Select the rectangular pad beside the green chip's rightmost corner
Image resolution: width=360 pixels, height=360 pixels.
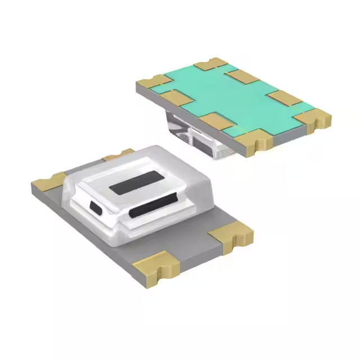[284, 98]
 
